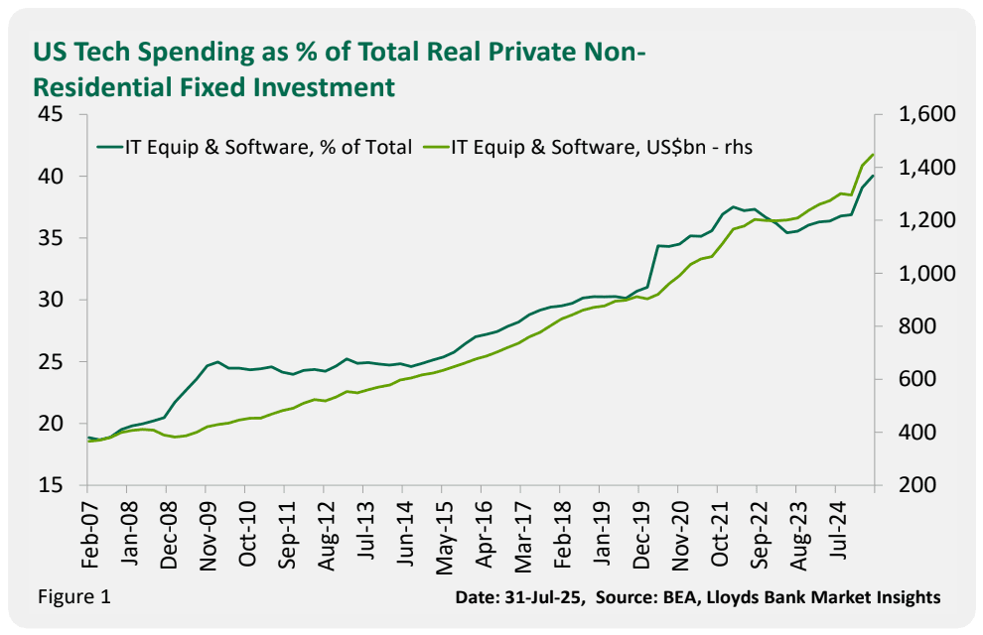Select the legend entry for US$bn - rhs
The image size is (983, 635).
point(608,147)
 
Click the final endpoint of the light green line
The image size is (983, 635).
point(873,155)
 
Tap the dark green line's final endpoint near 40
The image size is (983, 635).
point(873,177)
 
